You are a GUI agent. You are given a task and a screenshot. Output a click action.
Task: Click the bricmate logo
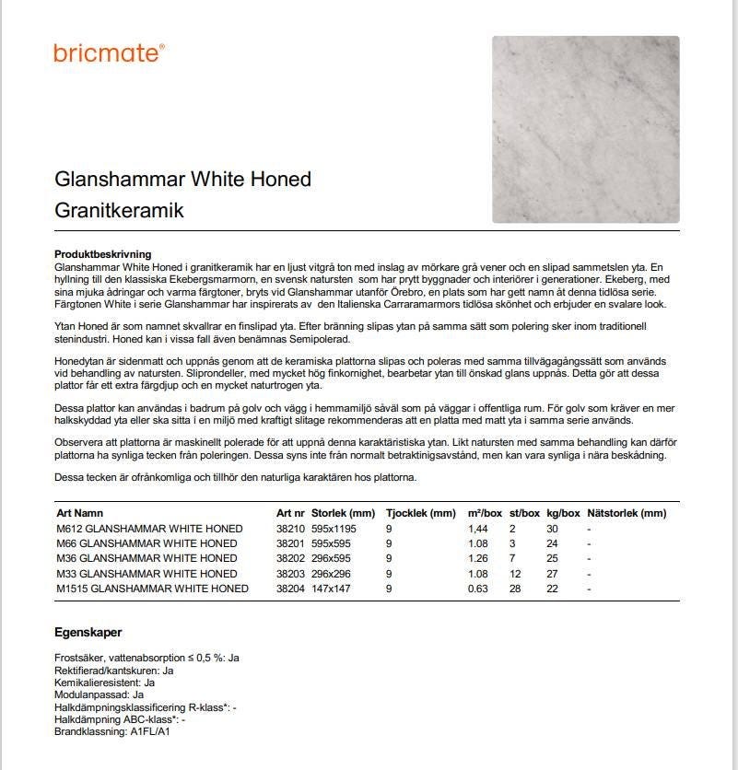pos(109,52)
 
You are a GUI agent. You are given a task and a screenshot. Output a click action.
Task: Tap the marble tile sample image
pos(585,129)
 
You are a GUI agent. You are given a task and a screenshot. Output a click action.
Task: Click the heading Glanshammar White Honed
pos(182,179)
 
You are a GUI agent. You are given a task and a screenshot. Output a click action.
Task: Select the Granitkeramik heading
pos(119,210)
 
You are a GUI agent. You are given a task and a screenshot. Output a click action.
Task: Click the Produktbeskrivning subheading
pos(102,254)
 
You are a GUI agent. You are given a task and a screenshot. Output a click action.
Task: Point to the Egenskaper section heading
pos(88,633)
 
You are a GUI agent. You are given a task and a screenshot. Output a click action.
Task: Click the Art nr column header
pos(290,513)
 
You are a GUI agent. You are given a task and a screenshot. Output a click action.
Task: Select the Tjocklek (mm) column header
pos(420,513)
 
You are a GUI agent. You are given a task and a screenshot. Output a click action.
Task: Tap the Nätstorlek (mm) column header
pos(626,513)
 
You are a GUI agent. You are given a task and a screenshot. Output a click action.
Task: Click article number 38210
pos(290,529)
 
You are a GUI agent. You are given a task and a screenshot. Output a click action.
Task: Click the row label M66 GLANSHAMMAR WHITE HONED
pos(146,543)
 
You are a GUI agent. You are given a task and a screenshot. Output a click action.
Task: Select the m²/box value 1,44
pos(479,529)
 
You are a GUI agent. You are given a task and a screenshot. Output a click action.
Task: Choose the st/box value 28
pos(515,589)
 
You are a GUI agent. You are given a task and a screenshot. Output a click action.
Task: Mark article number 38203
pos(290,574)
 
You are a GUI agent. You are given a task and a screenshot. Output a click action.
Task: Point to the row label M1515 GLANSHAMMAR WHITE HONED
pos(152,589)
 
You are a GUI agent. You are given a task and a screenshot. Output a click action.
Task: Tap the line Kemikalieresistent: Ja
pos(104,682)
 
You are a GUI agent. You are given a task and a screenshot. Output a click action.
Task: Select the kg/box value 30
pos(552,529)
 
